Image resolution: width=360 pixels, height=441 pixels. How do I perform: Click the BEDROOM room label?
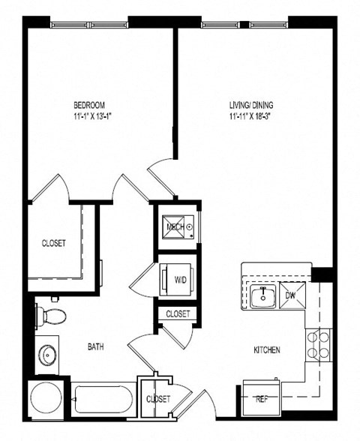click(88, 104)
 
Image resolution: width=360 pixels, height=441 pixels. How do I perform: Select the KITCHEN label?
click(267, 350)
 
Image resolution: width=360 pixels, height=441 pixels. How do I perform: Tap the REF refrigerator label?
click(262, 398)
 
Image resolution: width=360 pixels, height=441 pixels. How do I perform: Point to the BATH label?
click(95, 347)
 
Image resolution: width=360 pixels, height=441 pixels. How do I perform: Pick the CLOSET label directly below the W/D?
click(178, 313)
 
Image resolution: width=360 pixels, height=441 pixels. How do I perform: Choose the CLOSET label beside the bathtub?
click(158, 399)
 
